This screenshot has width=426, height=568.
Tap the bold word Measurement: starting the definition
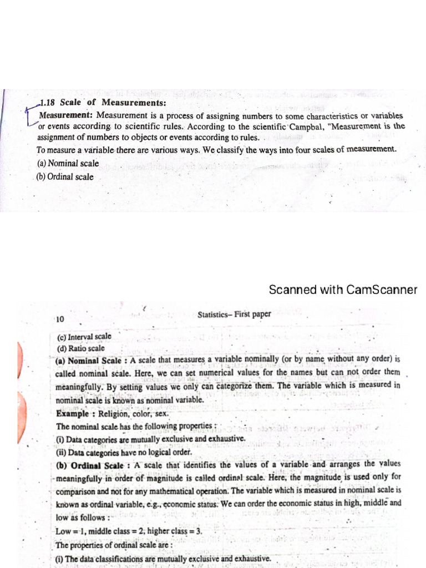click(65, 115)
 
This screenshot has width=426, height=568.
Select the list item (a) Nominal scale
click(68, 163)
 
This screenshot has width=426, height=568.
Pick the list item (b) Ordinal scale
click(65, 177)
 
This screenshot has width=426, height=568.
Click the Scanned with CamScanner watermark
click(343, 290)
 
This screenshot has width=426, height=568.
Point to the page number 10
click(60, 319)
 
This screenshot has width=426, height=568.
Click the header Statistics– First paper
click(234, 315)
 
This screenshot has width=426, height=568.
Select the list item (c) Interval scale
click(84, 336)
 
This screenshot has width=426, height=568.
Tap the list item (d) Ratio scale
click(80, 348)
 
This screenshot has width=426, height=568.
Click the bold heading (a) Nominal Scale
click(89, 361)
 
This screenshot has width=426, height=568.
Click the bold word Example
click(72, 413)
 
